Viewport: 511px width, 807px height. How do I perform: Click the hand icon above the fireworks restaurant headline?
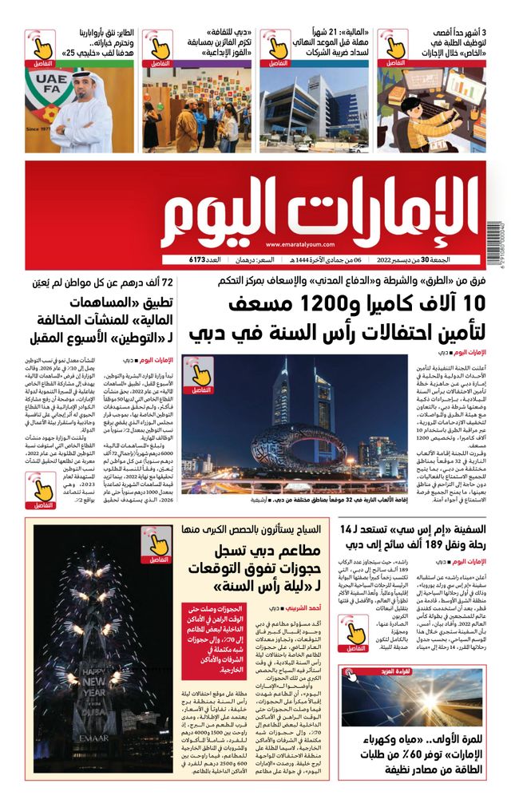156,543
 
